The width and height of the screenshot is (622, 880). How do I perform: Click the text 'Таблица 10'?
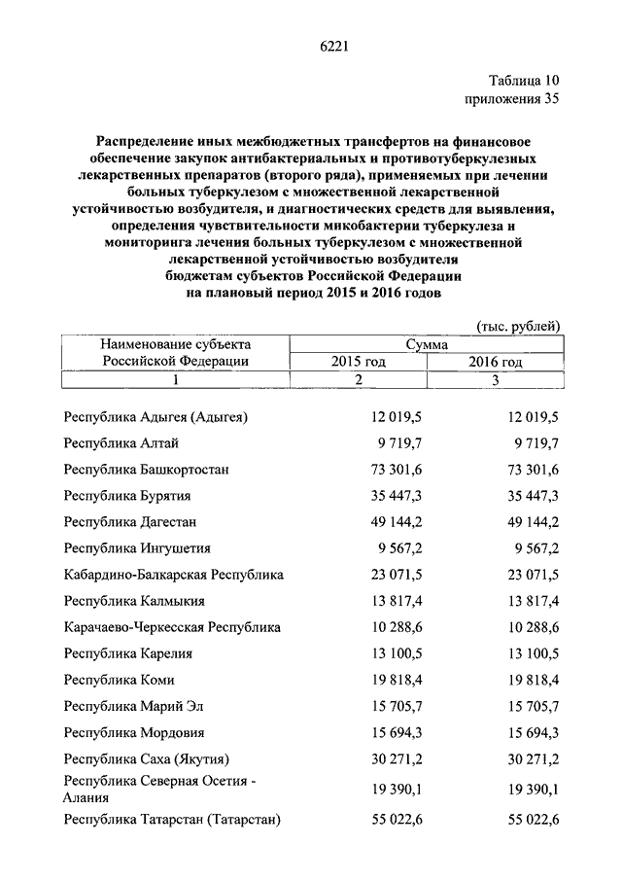pyautogui.click(x=524, y=80)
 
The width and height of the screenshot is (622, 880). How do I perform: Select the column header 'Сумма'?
pyautogui.click(x=428, y=344)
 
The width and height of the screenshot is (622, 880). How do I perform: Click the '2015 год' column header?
pyautogui.click(x=359, y=362)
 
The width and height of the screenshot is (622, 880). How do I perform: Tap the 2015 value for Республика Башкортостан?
pyautogui.click(x=396, y=470)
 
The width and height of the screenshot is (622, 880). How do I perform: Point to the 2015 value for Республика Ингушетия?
pyautogui.click(x=399, y=548)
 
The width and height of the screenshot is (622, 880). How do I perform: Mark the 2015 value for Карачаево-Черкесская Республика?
pyautogui.click(x=396, y=627)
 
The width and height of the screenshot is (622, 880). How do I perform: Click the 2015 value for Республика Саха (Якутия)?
pyautogui.click(x=396, y=758)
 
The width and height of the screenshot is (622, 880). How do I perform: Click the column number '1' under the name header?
pyautogui.click(x=176, y=380)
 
